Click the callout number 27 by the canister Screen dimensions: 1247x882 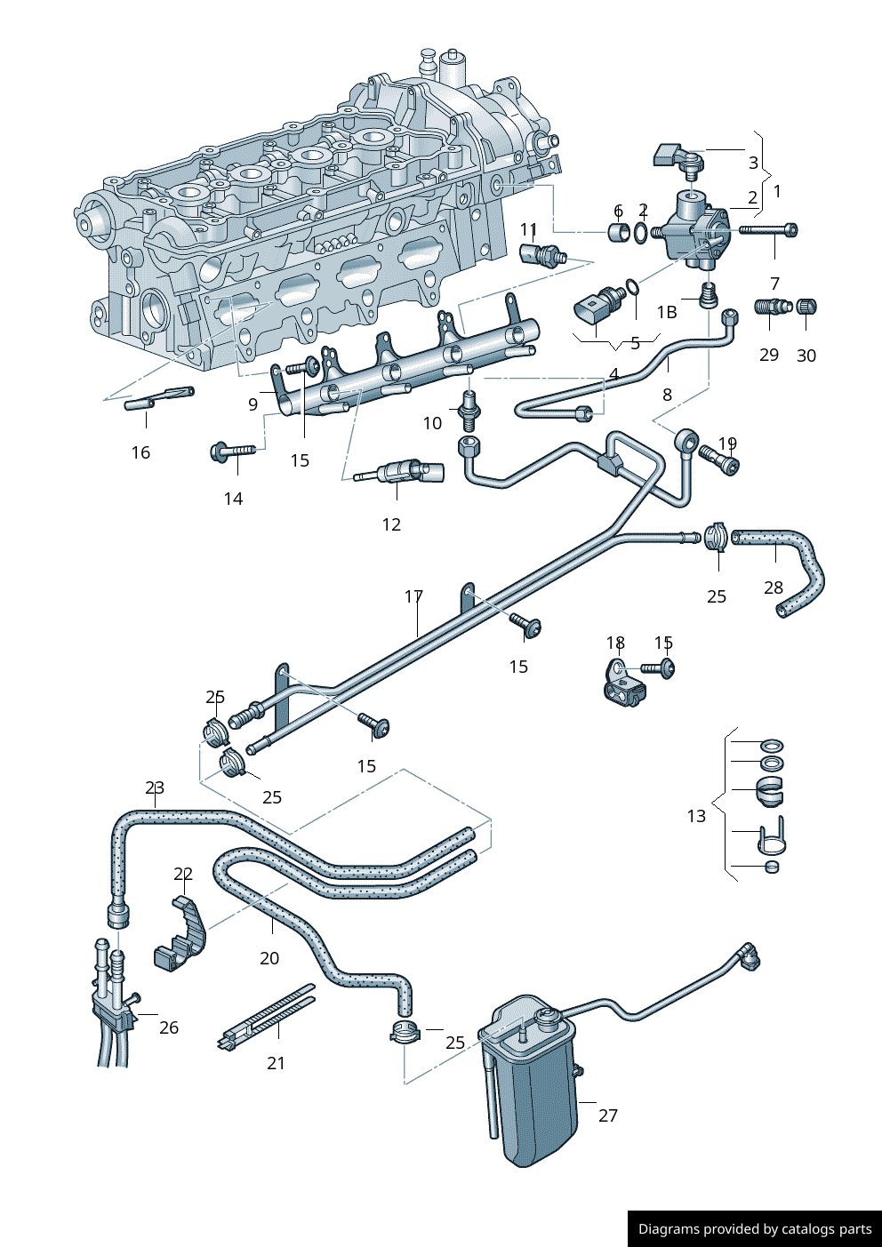coord(607,1115)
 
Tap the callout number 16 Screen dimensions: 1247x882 coord(140,453)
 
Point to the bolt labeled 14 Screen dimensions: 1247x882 coord(231,452)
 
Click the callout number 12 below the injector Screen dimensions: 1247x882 coord(391,525)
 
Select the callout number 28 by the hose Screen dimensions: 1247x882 coord(774,588)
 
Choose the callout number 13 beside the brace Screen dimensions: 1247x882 coord(696,816)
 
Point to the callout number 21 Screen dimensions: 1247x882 coord(276,1063)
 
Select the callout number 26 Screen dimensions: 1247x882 coord(169,1027)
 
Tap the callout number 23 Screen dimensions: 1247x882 coord(155,788)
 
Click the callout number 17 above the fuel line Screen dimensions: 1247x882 coord(413,596)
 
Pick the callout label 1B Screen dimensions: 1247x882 coord(667,312)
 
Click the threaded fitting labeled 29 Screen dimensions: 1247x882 coord(772,308)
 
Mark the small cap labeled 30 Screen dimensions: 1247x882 coord(806,307)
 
